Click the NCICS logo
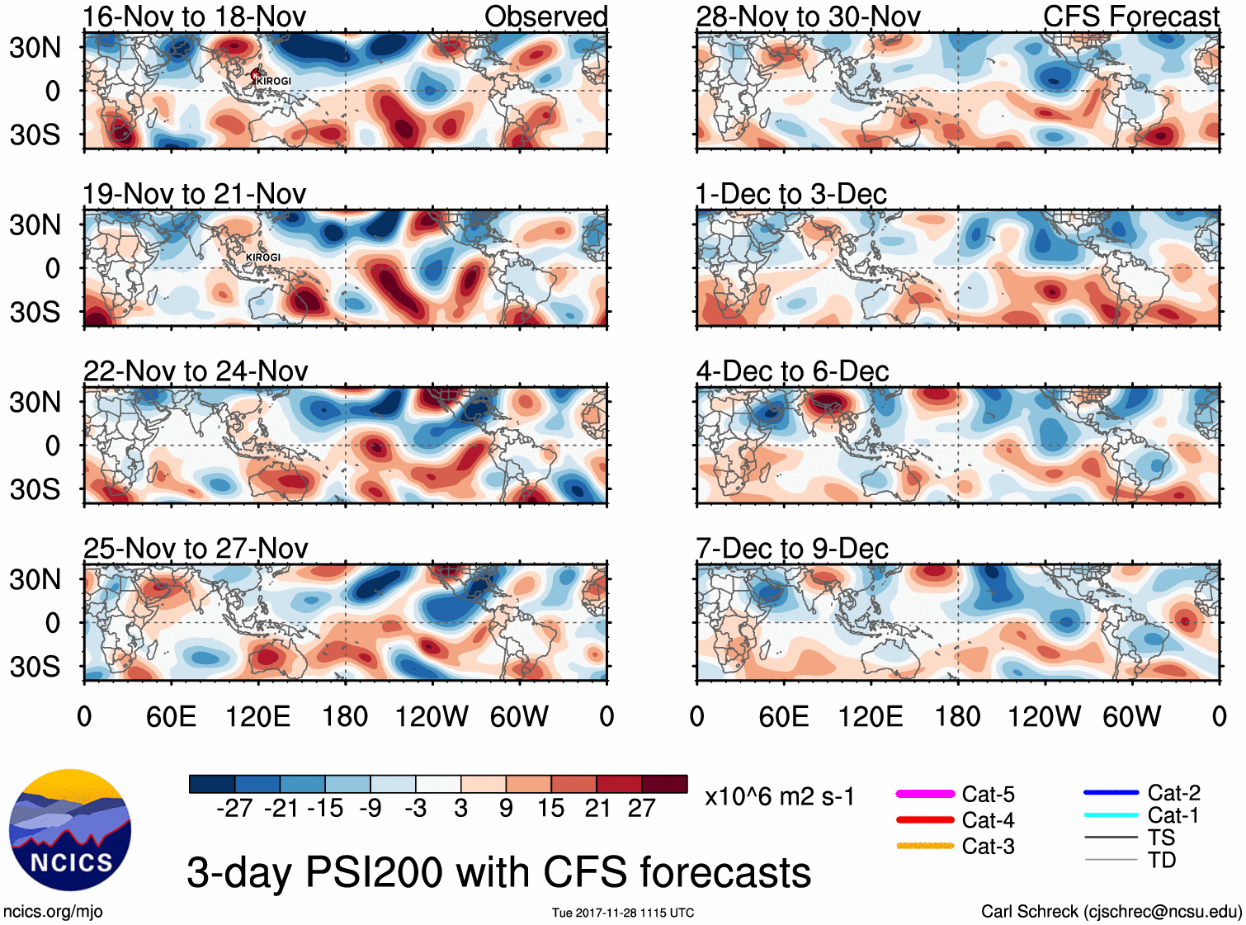point(70,830)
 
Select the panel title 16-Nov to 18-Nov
point(195,17)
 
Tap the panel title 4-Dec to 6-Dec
point(792,371)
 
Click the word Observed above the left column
point(545,17)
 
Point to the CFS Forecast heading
point(1130,17)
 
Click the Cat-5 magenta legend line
point(925,794)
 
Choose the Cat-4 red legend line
point(925,820)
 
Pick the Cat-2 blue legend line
point(1111,793)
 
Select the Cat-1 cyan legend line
point(1111,815)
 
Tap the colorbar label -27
point(234,809)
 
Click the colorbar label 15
point(551,809)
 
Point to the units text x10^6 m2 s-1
point(780,797)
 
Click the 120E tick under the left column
point(258,716)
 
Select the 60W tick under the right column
point(1131,716)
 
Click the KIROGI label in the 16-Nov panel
point(274,81)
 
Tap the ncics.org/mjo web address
point(53,911)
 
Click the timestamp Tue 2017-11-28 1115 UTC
point(623,913)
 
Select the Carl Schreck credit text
point(1111,911)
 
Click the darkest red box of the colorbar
point(664,784)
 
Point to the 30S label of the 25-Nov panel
point(35,667)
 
